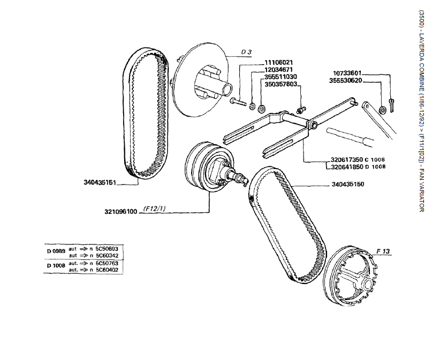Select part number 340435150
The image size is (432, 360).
coord(349,185)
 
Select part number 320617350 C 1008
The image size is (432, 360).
coord(358,160)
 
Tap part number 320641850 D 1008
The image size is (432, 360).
coord(358,167)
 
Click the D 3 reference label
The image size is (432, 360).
coord(246,52)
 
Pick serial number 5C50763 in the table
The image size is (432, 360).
coord(107,264)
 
